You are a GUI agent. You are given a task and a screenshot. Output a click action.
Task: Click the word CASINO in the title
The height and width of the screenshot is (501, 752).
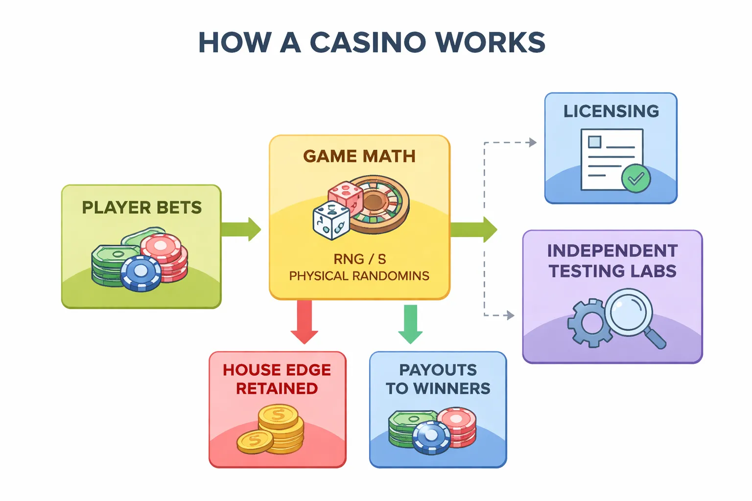coord(368,43)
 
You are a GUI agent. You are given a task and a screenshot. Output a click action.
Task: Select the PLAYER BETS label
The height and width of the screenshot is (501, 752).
coord(141,207)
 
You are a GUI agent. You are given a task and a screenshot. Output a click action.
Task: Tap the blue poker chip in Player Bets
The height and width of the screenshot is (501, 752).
coord(141,273)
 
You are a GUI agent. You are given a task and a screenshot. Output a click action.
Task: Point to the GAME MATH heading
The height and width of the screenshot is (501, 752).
coord(359,156)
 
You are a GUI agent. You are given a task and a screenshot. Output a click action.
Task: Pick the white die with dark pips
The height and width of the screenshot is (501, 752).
coord(331,221)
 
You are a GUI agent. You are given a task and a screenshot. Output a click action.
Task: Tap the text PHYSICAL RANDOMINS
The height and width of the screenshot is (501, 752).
coord(359,276)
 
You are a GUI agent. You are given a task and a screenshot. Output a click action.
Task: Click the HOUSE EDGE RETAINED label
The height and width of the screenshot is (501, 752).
coord(277,379)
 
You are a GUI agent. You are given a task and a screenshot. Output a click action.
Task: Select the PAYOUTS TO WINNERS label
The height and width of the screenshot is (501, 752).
coord(438,379)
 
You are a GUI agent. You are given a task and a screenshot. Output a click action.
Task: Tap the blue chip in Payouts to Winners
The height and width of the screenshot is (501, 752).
coord(431,437)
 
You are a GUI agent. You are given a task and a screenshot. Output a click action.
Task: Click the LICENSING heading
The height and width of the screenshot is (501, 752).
coord(611,111)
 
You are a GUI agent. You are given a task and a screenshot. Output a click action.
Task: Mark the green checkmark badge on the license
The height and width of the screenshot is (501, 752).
coord(635,179)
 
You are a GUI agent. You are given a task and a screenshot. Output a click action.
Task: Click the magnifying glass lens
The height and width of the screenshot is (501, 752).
coord(629,311)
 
